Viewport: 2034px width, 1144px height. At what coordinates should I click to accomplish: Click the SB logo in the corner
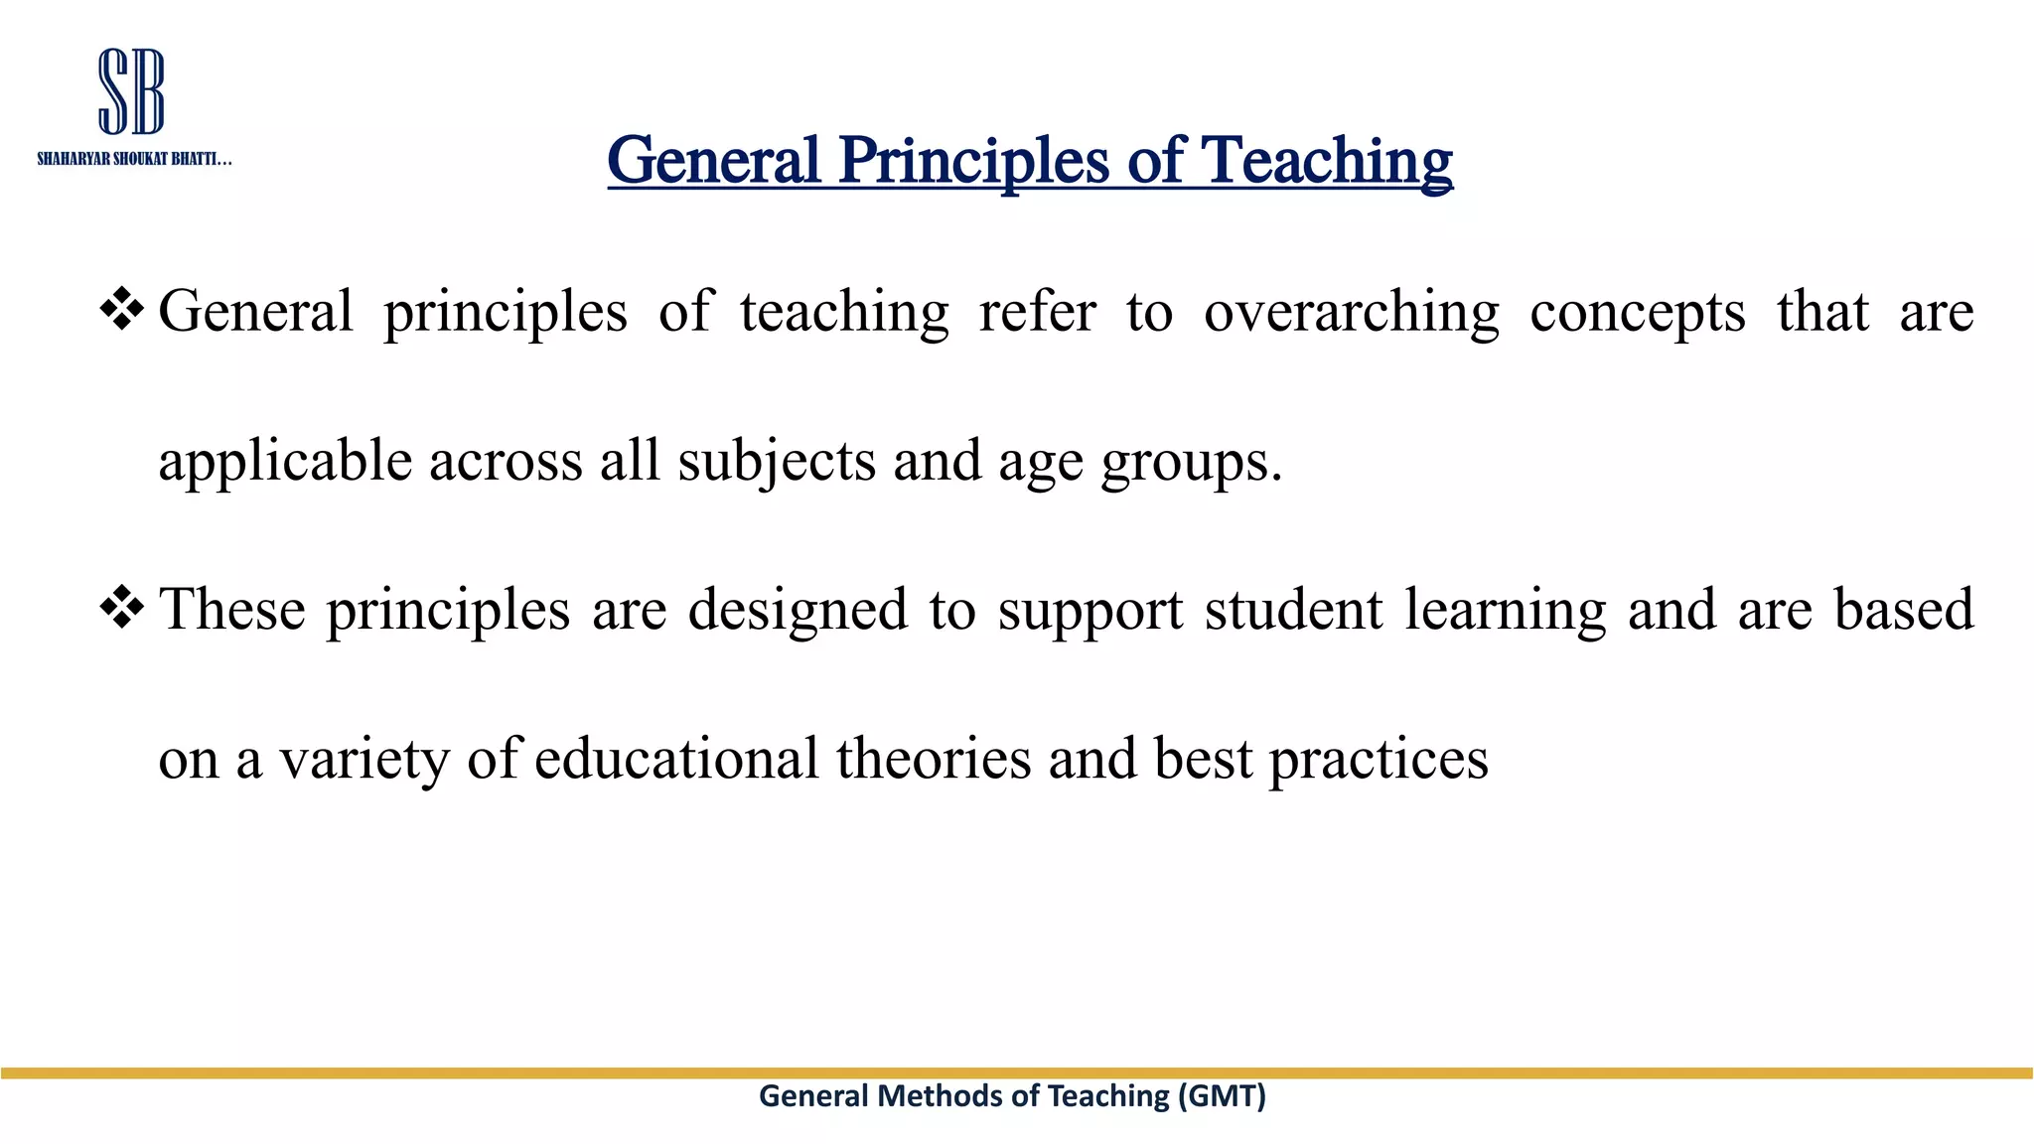tap(131, 91)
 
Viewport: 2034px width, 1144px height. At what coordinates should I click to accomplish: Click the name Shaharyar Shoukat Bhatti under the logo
tap(134, 159)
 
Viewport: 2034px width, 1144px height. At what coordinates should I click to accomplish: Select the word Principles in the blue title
tap(973, 160)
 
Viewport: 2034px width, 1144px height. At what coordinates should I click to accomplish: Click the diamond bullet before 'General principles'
tap(122, 309)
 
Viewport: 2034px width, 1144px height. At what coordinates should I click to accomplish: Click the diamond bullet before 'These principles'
tap(122, 607)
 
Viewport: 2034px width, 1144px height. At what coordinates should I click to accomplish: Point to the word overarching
tap(1351, 312)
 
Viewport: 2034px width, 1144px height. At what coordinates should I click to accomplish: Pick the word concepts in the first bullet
tap(1637, 312)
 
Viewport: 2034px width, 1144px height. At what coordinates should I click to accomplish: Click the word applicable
tap(285, 461)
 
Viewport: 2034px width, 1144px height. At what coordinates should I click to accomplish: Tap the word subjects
tap(777, 461)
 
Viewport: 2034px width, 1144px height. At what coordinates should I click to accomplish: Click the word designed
tap(798, 610)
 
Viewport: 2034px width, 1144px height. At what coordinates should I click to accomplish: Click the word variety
tap(363, 759)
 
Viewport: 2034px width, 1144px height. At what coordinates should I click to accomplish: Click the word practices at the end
tap(1379, 759)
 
